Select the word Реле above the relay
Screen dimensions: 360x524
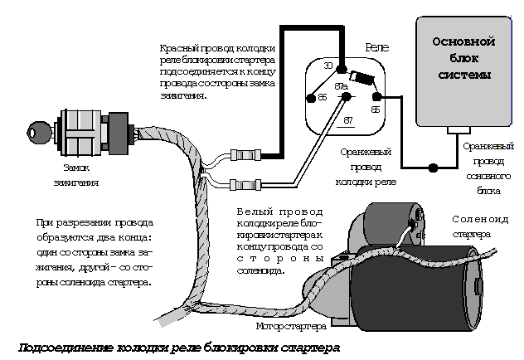[376, 51]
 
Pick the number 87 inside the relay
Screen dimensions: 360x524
[348, 120]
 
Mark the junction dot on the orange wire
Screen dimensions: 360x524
[432, 168]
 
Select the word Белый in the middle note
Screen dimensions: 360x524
[252, 212]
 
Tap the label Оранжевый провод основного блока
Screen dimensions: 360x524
[488, 167]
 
